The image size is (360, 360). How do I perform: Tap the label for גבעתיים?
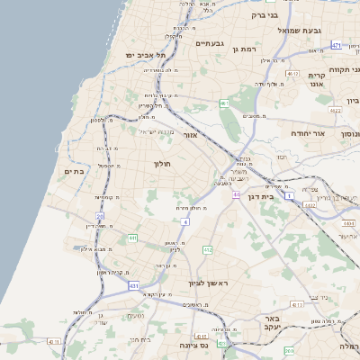pyautogui.click(x=208, y=42)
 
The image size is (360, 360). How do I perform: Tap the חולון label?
pyautogui.click(x=162, y=164)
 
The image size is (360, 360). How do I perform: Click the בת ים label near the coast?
pyautogui.click(x=73, y=170)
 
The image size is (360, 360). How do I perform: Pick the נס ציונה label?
pyautogui.click(x=193, y=345)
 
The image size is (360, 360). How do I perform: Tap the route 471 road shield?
pyautogui.click(x=336, y=44)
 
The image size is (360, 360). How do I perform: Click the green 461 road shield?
pyautogui.click(x=224, y=103)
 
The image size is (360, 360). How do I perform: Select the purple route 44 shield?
pyautogui.click(x=236, y=193)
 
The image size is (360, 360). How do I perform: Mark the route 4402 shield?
pyautogui.click(x=310, y=205)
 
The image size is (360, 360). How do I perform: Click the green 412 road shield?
pyautogui.click(x=208, y=249)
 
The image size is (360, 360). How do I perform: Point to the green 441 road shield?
pyautogui.click(x=132, y=238)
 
